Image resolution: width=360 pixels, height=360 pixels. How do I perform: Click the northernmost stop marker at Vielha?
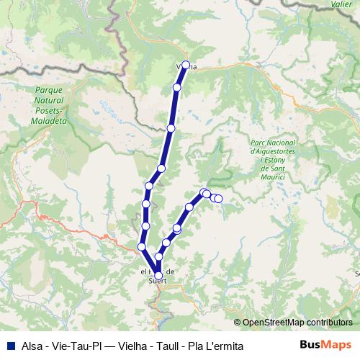(186, 66)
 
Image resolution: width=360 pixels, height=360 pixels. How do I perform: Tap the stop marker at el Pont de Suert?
(159, 274)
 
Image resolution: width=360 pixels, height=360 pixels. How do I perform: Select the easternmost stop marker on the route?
(219, 199)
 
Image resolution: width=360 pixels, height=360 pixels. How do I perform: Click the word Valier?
(341, 4)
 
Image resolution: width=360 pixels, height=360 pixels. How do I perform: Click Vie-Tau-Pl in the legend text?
(73, 346)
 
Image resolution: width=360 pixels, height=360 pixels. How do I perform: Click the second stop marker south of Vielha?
(171, 128)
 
